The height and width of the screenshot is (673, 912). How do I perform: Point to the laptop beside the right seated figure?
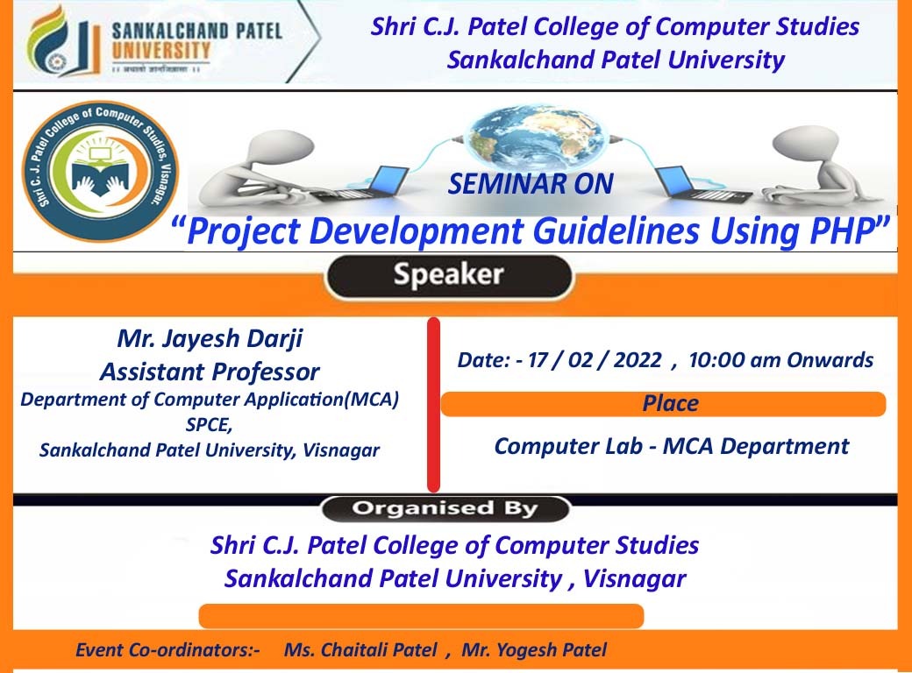702,185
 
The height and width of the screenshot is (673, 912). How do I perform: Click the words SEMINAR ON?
531,184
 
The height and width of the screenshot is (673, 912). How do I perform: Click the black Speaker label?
449,276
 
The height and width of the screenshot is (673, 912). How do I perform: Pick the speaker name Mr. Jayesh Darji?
210,338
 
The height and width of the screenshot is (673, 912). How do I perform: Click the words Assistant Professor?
210,372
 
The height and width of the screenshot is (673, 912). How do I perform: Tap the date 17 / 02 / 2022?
595,360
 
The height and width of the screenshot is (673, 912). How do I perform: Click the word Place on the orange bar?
670,403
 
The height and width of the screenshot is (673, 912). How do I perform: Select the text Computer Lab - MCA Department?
672,446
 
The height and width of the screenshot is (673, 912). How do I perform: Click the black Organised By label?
445,508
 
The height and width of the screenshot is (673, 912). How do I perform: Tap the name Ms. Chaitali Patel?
360,649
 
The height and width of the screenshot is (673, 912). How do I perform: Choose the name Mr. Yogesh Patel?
534,649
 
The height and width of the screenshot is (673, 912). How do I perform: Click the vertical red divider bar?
433,405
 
